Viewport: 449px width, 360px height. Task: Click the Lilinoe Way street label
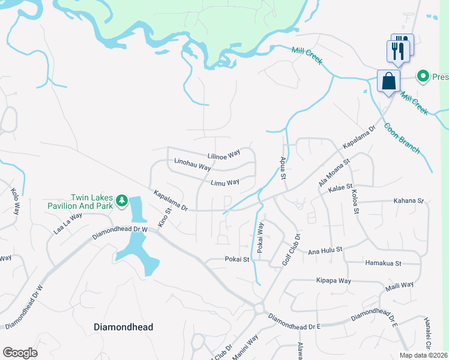pos(223,155)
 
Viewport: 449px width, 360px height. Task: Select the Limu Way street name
pos(225,182)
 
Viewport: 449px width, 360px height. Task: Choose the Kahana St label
pos(409,201)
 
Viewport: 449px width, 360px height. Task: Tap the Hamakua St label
pos(382,263)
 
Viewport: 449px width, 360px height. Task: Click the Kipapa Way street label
pos(334,280)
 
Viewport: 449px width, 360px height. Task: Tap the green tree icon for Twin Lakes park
pos(122,200)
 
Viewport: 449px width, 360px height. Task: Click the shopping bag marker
pos(388,80)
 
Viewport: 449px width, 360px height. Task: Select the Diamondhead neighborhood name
pos(124,327)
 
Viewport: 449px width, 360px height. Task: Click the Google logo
pos(20,353)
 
